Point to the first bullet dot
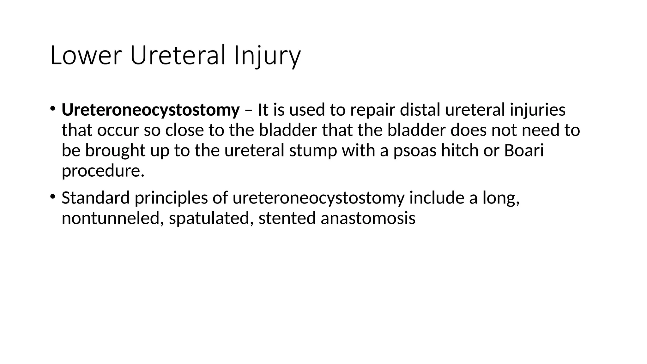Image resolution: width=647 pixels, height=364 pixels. pos(52,109)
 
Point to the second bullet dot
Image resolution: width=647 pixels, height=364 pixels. pos(52,197)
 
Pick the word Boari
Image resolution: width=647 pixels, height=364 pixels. pos(524,150)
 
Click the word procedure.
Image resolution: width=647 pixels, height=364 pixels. pos(103,171)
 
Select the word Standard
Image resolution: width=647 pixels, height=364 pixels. pos(96,198)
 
